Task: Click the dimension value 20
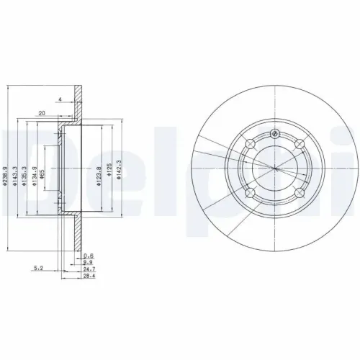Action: coord(42,114)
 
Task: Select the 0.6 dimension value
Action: coord(89,256)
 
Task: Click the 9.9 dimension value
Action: coord(89,262)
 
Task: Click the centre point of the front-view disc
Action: coord(274,170)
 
